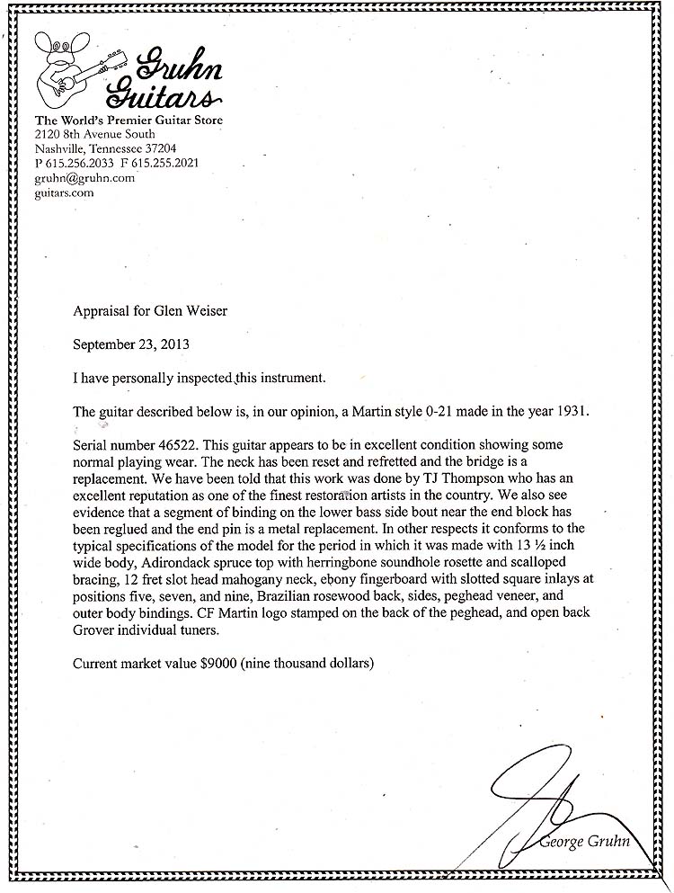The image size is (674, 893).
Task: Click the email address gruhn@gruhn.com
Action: click(x=84, y=178)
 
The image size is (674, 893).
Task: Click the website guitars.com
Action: click(x=64, y=192)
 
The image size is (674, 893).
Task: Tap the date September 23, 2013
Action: click(x=131, y=344)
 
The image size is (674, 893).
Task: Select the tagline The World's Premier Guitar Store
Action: click(x=129, y=121)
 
